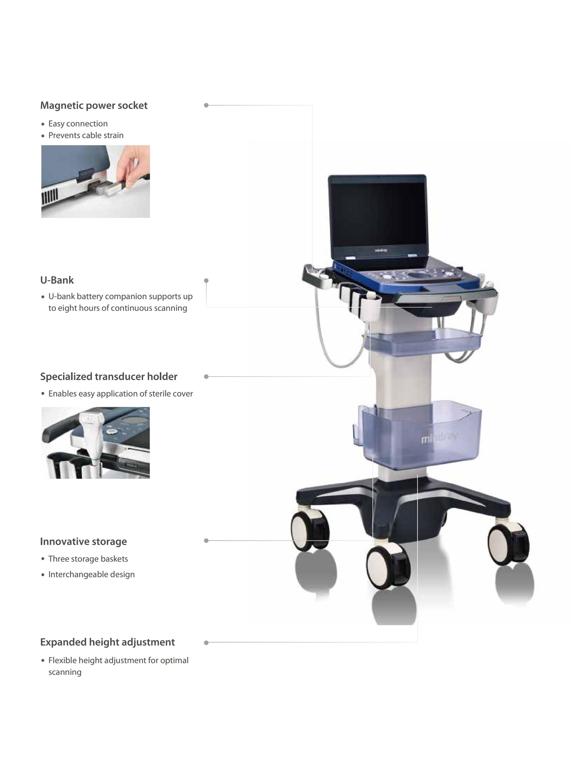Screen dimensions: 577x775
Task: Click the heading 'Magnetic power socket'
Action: tap(93, 106)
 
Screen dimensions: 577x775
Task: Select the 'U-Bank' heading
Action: tap(57, 280)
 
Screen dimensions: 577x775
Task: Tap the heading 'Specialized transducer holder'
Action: tap(109, 377)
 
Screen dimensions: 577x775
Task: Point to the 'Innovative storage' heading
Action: tap(83, 541)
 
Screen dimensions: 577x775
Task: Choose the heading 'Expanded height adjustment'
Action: tap(107, 642)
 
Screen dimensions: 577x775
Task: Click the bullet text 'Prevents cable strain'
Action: tap(86, 135)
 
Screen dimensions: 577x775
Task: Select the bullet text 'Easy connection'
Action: tap(78, 124)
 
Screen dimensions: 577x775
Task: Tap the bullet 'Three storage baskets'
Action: tap(88, 559)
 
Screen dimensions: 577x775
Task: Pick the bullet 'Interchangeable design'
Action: tap(91, 574)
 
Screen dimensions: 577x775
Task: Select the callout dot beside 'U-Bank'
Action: tap(206, 280)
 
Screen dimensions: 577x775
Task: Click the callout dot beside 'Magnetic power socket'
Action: tap(206, 105)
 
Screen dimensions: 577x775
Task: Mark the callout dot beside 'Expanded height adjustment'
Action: tap(206, 642)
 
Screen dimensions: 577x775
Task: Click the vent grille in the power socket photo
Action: tap(50, 196)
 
